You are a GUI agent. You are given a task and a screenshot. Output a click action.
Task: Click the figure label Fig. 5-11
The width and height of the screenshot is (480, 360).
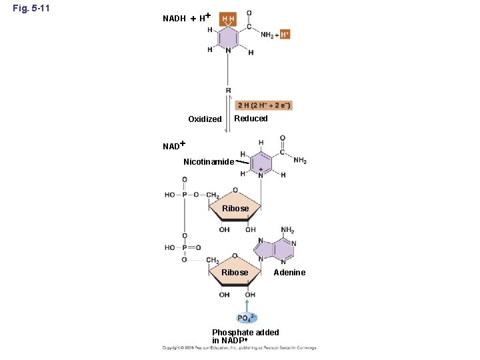click(x=31, y=9)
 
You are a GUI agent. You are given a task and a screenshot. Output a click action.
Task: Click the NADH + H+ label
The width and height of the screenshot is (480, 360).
click(x=187, y=17)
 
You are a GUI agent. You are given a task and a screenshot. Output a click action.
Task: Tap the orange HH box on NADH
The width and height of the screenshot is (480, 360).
click(x=228, y=19)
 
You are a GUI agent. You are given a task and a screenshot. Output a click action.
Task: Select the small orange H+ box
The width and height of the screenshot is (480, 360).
click(x=285, y=34)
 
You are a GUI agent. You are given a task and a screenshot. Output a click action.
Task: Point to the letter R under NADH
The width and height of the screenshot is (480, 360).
click(x=229, y=90)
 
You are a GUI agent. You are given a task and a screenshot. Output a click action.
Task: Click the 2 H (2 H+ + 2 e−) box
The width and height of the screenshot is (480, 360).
click(x=265, y=105)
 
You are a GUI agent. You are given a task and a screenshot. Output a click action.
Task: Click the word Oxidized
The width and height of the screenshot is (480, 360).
click(x=205, y=119)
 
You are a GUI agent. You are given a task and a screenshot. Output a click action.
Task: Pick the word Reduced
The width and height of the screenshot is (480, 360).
click(x=251, y=119)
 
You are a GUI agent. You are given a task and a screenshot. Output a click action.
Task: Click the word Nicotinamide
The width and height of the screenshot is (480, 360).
click(x=209, y=162)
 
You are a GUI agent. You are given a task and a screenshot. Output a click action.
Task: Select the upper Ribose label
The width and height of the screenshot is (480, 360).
click(x=235, y=209)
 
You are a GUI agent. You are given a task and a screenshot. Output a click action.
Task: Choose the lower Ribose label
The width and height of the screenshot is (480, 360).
click(x=235, y=273)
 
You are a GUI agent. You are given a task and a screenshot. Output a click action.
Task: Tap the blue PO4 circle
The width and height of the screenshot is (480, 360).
click(x=247, y=318)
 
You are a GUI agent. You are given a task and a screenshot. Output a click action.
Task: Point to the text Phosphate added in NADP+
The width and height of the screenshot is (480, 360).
click(x=245, y=336)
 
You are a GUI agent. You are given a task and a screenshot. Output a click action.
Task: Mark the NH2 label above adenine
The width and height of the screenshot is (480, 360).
click(x=287, y=231)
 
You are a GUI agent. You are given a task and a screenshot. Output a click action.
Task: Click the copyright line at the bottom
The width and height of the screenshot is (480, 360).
click(x=239, y=347)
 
